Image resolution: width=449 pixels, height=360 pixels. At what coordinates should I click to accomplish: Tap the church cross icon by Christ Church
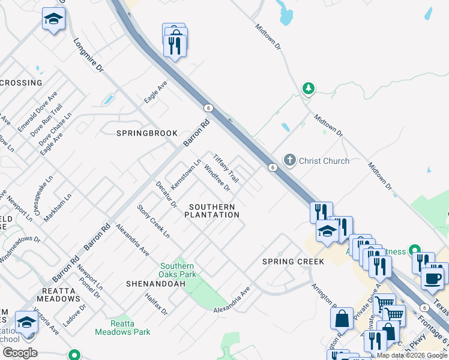click(x=290, y=160)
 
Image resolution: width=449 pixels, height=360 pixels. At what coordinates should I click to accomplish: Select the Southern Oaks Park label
click(x=178, y=270)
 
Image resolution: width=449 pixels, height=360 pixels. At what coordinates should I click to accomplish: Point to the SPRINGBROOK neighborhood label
click(x=147, y=133)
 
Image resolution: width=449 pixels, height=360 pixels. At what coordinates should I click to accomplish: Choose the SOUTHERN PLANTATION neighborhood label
click(x=212, y=211)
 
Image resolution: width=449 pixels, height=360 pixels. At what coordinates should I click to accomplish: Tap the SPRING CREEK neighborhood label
click(x=294, y=262)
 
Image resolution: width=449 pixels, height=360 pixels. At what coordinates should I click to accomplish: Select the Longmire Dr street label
click(x=88, y=56)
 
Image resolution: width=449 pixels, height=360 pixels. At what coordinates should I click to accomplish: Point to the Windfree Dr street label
click(x=217, y=178)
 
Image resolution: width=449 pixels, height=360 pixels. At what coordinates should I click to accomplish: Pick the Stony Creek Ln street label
click(x=153, y=221)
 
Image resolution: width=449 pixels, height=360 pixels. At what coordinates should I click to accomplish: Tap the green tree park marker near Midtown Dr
click(x=309, y=89)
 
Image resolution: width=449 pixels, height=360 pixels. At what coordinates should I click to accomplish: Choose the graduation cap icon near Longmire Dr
click(x=53, y=20)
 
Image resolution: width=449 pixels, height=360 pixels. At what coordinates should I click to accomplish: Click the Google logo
click(x=20, y=353)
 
